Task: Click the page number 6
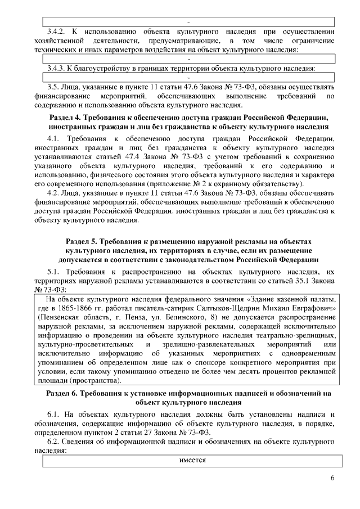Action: coord(332,478)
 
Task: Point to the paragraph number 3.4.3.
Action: coord(56,68)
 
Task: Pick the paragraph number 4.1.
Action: coord(53,138)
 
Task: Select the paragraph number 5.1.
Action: coord(53,272)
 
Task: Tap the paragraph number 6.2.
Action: coord(53,442)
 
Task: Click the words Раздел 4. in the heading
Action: coord(67,117)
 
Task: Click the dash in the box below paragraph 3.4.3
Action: coord(190,77)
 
